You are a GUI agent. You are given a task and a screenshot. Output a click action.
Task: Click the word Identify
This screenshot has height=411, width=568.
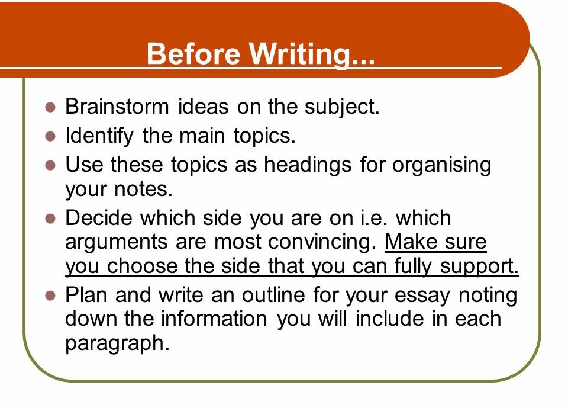coord(99,136)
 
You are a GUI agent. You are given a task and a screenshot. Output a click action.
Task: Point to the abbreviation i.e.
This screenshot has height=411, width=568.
coord(375,218)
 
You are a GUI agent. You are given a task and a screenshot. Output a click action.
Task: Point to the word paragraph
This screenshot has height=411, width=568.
coord(117,343)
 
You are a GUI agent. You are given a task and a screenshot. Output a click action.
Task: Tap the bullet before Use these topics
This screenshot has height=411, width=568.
coord(50,165)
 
